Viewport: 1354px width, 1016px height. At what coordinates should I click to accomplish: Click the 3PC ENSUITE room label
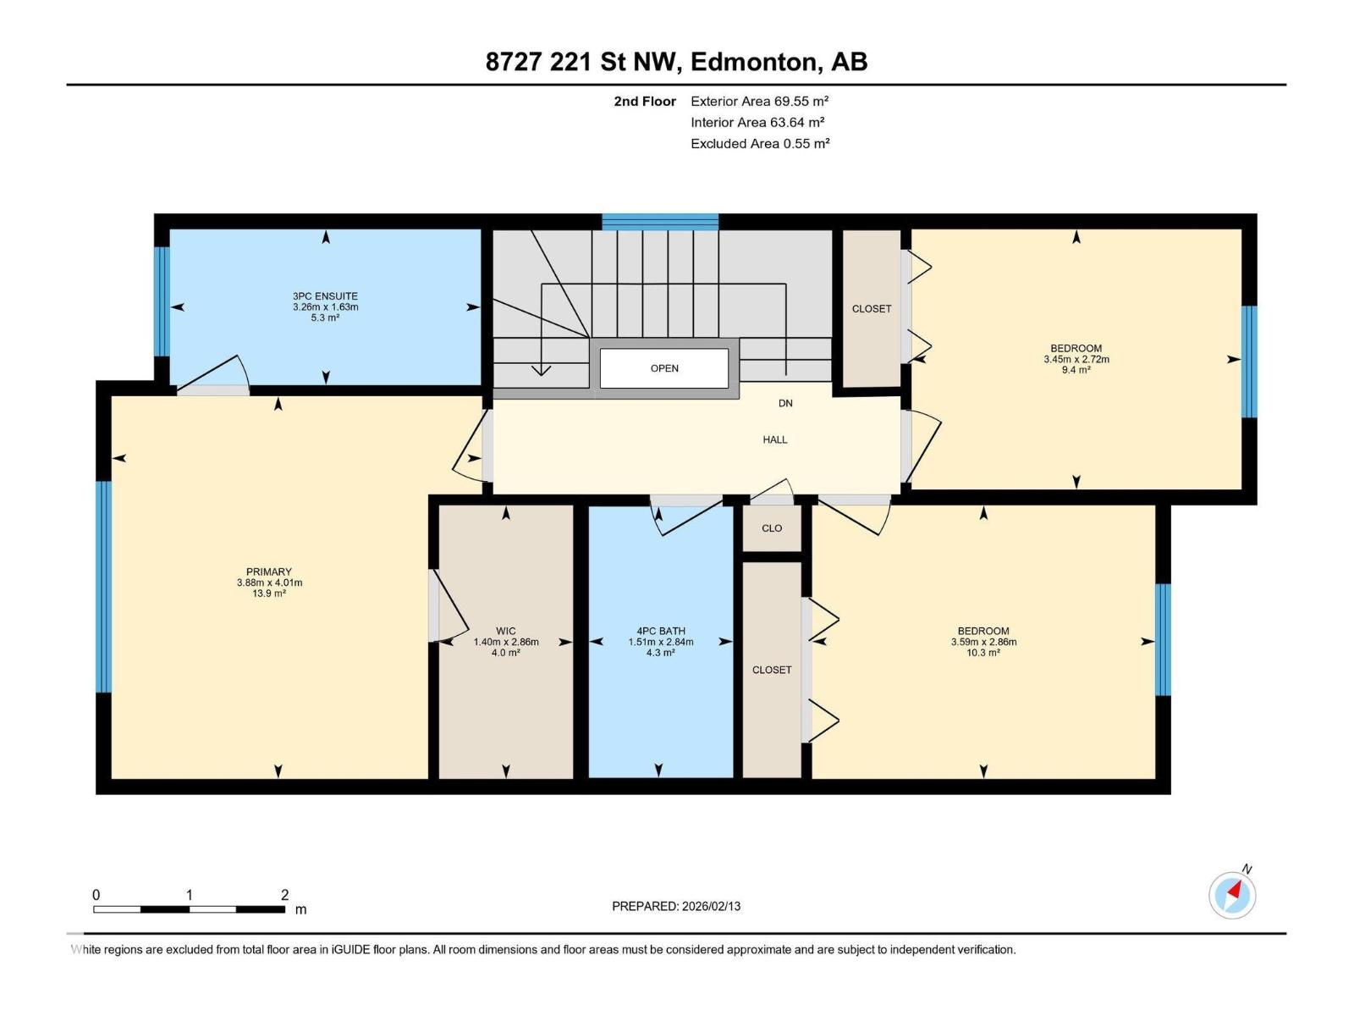point(325,296)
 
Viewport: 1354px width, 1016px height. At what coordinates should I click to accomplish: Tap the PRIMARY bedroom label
point(269,571)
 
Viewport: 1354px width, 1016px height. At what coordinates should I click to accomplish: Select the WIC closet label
point(506,631)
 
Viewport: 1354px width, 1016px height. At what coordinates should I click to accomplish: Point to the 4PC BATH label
point(661,631)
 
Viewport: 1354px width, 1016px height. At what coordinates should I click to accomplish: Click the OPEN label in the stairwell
point(664,368)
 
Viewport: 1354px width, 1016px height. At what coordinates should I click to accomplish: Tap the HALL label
point(775,439)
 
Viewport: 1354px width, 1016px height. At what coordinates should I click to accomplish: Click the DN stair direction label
point(785,404)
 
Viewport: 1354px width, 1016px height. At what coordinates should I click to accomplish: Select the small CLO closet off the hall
point(772,528)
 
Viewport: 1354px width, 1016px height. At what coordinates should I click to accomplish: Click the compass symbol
point(1232,896)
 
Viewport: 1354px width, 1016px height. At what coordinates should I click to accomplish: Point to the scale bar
point(189,909)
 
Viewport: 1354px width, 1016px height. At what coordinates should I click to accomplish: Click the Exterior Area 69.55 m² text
point(759,101)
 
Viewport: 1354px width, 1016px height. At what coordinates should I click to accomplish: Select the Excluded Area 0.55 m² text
point(760,144)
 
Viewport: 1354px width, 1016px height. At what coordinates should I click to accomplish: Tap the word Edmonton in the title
point(757,63)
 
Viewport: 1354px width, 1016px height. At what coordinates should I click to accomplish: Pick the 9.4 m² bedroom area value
point(1076,370)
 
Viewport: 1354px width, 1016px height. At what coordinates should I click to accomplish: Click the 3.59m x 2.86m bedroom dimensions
point(983,642)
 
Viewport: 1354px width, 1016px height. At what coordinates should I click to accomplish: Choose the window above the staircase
point(660,222)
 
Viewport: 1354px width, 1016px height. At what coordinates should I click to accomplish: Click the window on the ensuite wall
point(162,301)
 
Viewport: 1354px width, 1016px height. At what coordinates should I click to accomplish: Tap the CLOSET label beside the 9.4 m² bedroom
point(871,309)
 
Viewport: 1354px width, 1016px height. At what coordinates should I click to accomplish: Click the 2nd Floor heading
point(645,101)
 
